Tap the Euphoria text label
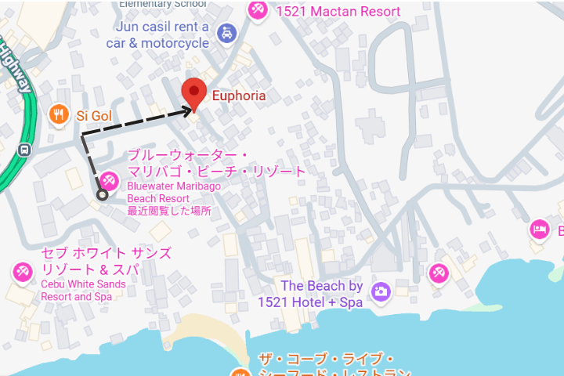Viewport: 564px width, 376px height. pos(239,96)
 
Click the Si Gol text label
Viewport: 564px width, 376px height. pos(93,116)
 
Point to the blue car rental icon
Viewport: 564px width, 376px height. pos(226,34)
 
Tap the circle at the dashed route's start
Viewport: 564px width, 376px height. pos(102,195)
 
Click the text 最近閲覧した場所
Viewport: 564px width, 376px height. pos(168,211)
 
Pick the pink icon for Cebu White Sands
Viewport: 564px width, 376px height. pos(22,273)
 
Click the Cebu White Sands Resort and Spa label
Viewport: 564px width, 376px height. pos(83,291)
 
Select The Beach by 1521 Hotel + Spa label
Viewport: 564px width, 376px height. pos(321,294)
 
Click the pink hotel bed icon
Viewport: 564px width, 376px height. pos(539,230)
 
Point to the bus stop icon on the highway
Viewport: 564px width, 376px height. pos(25,149)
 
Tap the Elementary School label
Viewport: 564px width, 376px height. pos(163,3)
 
